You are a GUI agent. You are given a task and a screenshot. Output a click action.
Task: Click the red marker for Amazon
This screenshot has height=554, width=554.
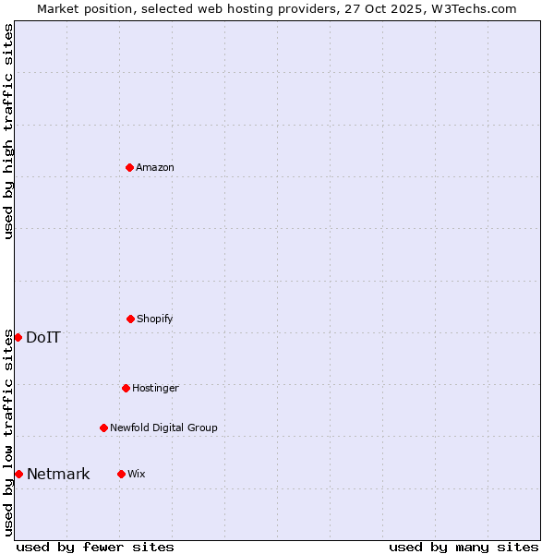129,167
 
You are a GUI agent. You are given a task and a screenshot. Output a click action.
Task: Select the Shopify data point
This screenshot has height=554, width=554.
130,319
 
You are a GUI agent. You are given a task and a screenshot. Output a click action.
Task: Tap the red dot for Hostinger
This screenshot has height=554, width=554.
126,388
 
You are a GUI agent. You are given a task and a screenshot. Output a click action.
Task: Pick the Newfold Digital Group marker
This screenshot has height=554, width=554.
103,428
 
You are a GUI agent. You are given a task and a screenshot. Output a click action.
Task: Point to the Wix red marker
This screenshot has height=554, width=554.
121,474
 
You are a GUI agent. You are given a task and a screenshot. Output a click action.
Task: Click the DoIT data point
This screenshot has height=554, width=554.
18,337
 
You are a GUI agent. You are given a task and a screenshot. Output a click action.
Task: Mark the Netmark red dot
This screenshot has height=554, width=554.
18,474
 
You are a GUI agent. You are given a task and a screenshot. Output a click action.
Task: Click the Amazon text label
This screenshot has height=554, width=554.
155,167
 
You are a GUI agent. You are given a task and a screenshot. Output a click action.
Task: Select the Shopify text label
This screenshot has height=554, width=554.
155,319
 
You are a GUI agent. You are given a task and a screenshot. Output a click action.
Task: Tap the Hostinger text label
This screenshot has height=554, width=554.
155,388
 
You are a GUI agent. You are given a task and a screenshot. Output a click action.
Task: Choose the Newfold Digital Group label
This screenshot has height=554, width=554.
163,428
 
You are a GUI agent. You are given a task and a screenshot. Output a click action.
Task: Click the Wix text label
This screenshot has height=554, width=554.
137,474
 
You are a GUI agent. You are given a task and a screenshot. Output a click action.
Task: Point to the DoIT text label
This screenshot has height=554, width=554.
43,337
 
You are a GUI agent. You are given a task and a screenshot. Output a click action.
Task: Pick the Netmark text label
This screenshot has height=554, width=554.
58,475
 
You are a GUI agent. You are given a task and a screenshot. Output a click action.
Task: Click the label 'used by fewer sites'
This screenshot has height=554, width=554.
95,547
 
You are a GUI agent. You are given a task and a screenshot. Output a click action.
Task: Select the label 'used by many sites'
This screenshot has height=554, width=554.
464,547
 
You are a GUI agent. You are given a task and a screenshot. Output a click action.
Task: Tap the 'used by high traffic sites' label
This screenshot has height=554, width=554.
8,131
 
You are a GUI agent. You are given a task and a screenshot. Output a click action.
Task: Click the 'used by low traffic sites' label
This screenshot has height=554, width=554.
8,432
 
